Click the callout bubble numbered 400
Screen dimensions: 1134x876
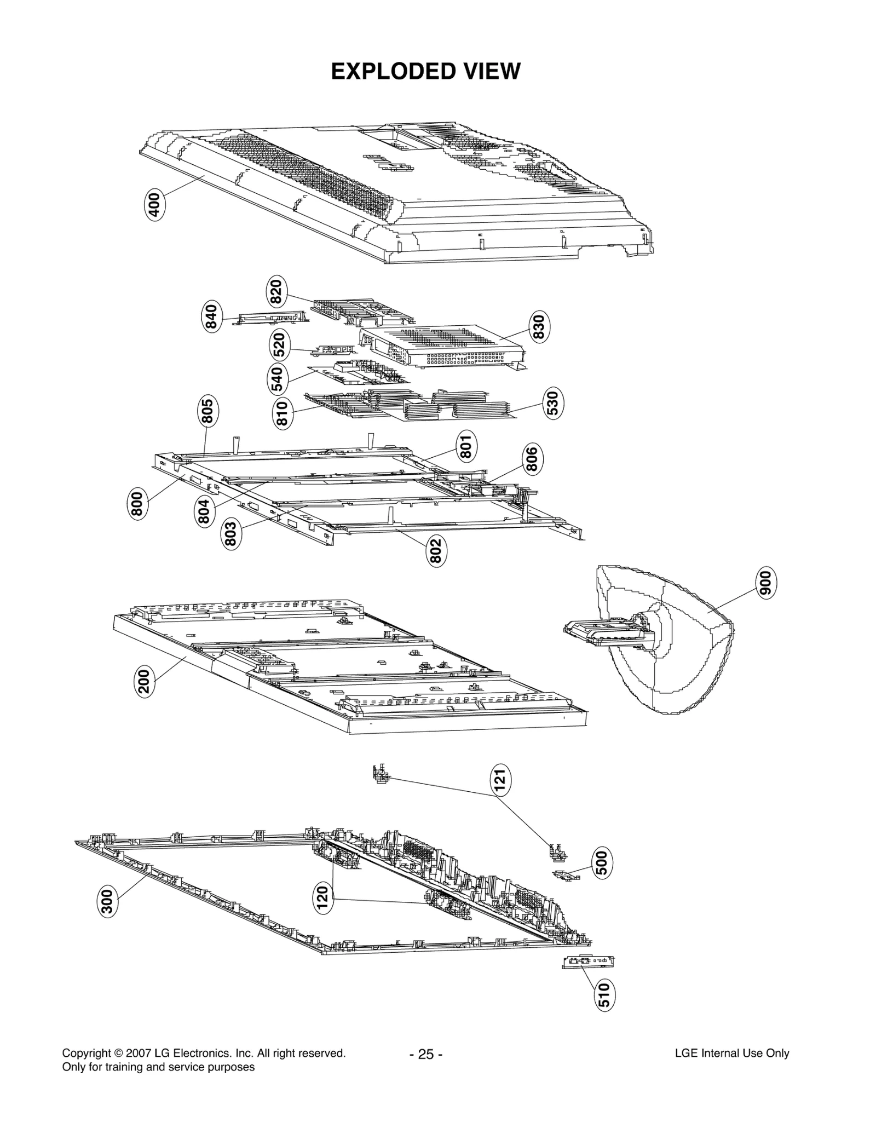click(x=155, y=205)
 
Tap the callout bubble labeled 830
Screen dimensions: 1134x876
click(x=539, y=327)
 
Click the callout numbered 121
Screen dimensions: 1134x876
click(x=500, y=780)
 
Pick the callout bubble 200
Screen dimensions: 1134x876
click(x=144, y=681)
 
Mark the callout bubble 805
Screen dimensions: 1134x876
click(x=208, y=411)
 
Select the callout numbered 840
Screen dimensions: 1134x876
click(x=211, y=317)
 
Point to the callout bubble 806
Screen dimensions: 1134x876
click(x=532, y=459)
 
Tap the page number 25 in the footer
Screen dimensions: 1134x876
click(x=426, y=1054)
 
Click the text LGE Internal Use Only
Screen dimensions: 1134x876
click(x=731, y=1053)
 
